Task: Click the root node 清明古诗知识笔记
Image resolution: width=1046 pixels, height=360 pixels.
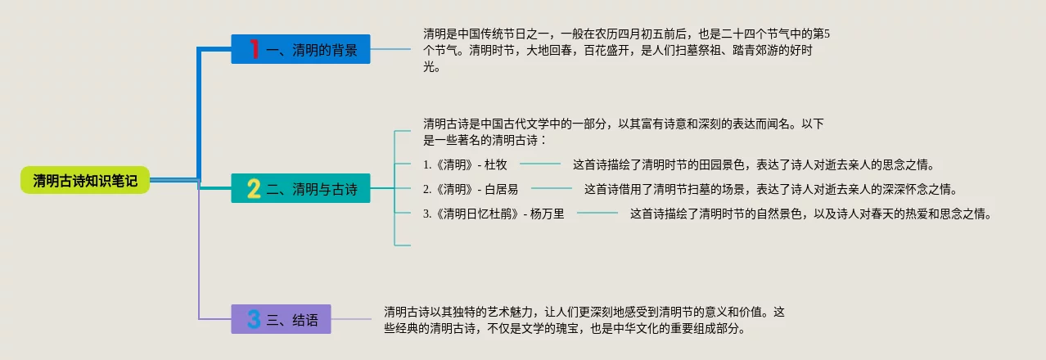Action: [85, 180]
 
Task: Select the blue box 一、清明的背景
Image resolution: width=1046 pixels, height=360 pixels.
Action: [300, 50]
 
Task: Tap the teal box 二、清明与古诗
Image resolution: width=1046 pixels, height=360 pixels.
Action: [300, 189]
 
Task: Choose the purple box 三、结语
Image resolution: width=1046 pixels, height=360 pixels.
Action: [281, 320]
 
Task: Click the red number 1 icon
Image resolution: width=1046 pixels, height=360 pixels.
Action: [255, 50]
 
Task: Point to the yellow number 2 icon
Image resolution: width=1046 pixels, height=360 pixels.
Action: [254, 189]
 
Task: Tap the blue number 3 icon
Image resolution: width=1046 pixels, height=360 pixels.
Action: [254, 320]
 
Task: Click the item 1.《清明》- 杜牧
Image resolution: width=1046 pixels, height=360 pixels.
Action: [465, 164]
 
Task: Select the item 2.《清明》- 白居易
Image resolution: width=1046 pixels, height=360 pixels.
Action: [471, 189]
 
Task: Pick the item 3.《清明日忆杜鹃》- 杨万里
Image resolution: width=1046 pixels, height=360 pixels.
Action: [494, 214]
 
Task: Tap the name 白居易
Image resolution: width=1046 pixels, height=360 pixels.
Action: [502, 189]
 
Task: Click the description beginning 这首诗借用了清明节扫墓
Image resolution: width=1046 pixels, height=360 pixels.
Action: [769, 189]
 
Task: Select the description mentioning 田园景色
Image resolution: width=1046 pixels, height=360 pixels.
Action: [753, 164]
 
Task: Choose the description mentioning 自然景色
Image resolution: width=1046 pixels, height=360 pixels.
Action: [810, 214]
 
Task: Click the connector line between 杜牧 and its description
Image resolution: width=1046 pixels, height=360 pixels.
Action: [539, 164]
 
